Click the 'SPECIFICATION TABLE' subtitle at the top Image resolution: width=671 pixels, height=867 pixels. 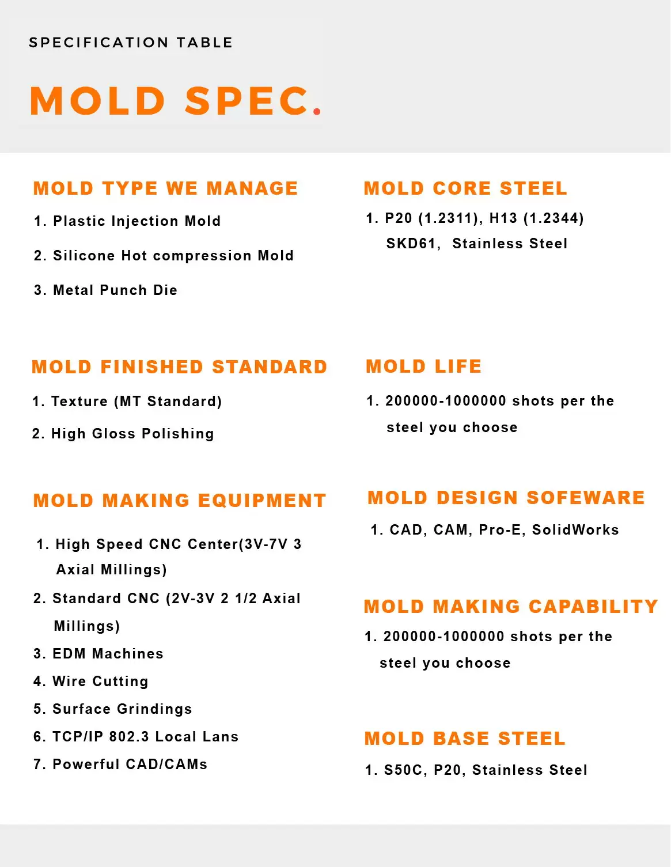pos(131,43)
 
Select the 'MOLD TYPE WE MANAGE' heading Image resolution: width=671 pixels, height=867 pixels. pos(166,188)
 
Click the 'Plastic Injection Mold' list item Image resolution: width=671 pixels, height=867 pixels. pos(137,221)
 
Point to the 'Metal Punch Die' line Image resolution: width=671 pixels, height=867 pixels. pos(115,290)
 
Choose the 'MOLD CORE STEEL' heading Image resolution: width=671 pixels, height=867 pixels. pos(465,188)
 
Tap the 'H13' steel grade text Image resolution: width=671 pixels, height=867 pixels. pos(503,218)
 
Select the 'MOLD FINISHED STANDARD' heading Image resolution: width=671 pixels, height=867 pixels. pos(180,367)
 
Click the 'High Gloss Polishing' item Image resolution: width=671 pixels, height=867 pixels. pos(132,434)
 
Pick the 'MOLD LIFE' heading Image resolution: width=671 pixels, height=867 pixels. pos(424,366)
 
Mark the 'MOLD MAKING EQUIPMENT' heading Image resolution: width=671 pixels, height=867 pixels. pos(180,501)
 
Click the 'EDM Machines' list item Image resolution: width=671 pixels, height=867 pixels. pos(108,654)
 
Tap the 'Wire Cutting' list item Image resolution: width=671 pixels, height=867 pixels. pos(100,682)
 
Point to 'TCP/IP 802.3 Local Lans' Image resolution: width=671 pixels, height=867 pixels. pos(145,737)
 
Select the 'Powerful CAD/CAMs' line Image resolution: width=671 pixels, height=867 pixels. pos(130,764)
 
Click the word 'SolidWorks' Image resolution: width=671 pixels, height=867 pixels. pos(575,530)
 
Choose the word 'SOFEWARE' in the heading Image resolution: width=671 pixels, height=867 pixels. pos(586,498)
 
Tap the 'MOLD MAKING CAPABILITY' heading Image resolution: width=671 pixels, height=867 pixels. pos(511,607)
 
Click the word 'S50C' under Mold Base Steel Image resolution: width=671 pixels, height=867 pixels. pos(403,770)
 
